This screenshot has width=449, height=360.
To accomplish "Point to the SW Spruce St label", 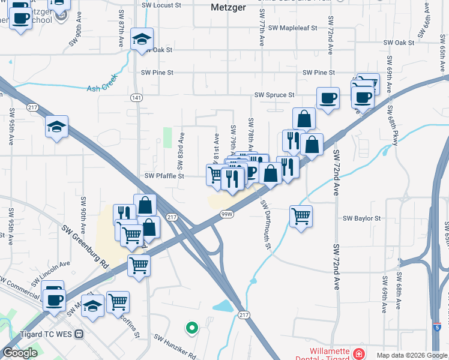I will click(274, 95).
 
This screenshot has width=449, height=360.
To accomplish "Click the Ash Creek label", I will click(100, 88).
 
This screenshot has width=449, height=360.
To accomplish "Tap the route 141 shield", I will click(137, 97).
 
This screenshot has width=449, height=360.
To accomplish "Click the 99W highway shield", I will click(226, 214).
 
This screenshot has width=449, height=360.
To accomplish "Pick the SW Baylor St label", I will click(361, 218).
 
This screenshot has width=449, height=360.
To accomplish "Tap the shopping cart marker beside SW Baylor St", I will click(301, 215).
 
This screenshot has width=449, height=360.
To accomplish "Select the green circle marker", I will click(191, 328).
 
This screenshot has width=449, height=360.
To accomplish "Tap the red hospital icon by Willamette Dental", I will click(359, 353).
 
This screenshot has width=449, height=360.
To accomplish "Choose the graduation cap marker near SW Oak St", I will click(142, 40).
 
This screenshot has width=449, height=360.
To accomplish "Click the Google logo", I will click(20, 353).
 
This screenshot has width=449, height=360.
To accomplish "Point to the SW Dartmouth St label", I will click(266, 226).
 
